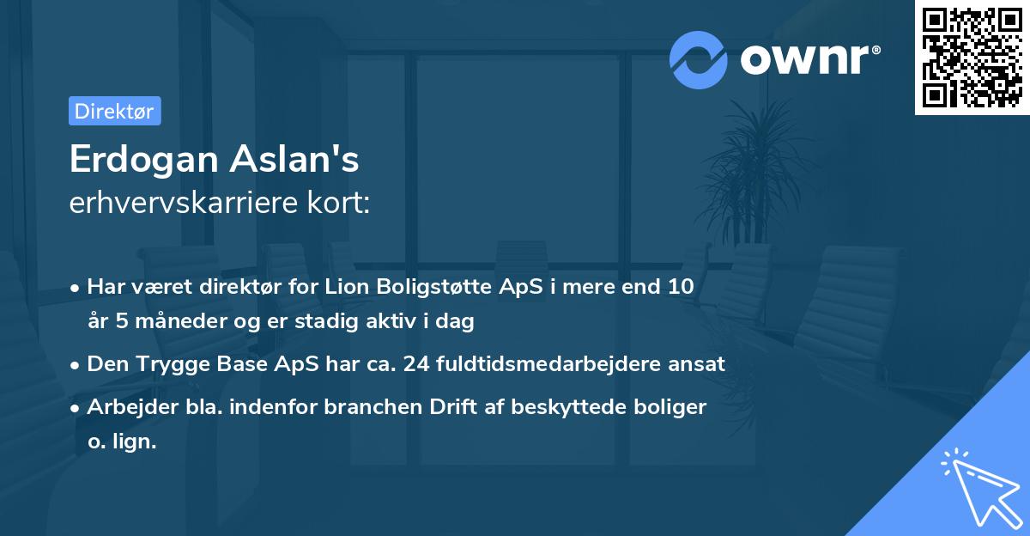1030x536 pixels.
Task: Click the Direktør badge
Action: point(114,111)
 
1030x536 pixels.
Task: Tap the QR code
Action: point(972,58)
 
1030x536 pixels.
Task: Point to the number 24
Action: point(417,363)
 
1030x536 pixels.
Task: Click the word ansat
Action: point(697,363)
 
